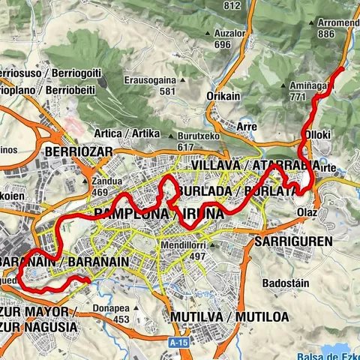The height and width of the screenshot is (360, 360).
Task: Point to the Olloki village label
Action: point(317,135)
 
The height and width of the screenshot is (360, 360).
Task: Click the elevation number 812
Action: point(231,6)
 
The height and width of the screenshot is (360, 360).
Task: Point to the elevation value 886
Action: point(325,34)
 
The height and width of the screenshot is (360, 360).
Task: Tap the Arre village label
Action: point(247,127)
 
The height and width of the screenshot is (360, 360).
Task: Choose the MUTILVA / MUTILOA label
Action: point(229,316)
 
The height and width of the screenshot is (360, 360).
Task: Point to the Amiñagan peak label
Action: point(310,86)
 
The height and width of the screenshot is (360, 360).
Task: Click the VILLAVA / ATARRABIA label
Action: point(254,164)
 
